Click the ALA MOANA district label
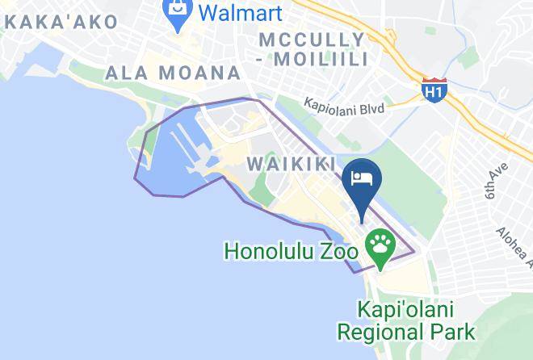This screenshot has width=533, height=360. point(174,73)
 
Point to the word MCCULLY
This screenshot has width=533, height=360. point(312,40)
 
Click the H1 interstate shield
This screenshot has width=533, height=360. point(434,90)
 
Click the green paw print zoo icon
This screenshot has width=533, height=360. point(380,241)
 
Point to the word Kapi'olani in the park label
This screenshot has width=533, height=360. point(406,309)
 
